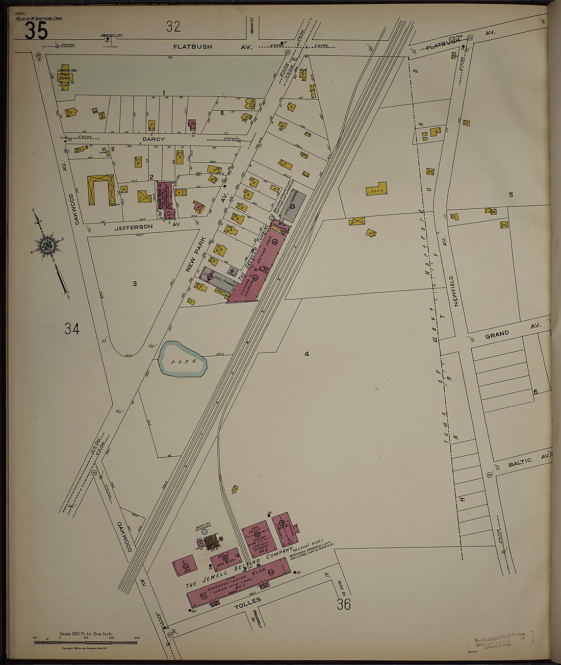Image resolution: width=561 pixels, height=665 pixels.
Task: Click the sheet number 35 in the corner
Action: click(36, 31)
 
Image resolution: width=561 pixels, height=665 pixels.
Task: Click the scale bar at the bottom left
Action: click(86, 641)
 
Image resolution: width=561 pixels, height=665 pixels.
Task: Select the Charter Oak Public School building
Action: click(65, 78)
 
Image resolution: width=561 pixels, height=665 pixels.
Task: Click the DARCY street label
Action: click(154, 139)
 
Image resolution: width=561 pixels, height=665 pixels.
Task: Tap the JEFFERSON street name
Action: click(133, 227)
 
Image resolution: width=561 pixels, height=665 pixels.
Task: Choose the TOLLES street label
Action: click(247, 603)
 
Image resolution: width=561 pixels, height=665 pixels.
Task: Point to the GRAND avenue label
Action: click(497, 334)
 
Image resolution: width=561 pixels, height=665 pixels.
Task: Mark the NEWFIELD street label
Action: click(456, 291)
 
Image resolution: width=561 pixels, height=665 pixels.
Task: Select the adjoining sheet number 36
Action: click(343, 604)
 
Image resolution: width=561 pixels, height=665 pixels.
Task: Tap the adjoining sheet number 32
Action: click(173, 26)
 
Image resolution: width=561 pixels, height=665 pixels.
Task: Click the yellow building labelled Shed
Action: click(376, 189)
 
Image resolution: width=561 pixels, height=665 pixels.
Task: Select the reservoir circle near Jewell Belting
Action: click(205, 531)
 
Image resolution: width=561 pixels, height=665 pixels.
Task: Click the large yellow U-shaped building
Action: click(101, 190)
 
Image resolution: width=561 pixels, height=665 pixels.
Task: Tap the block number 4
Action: click(307, 354)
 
